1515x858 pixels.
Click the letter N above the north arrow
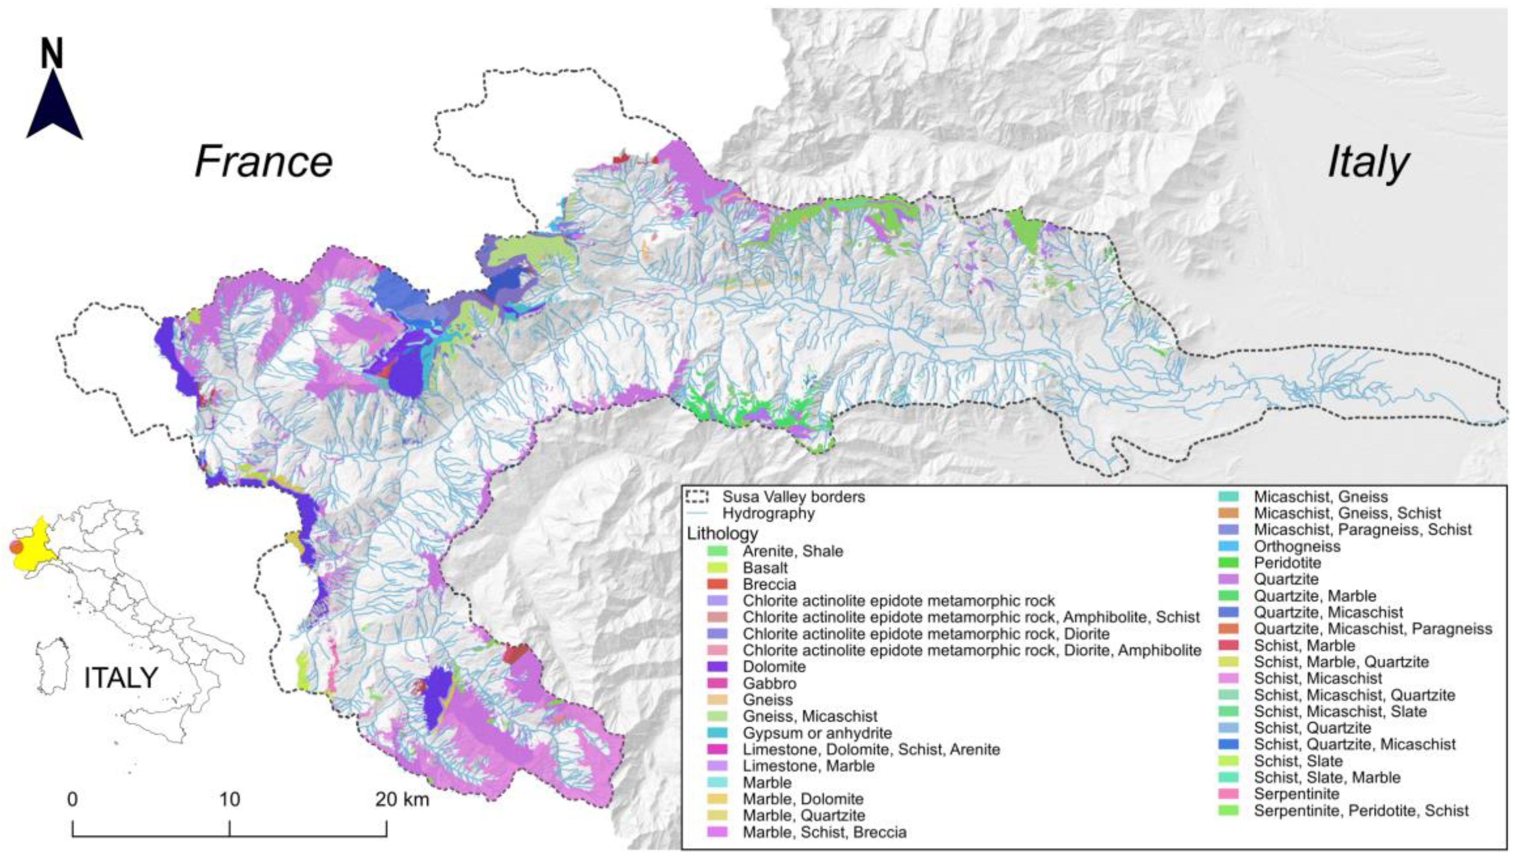coord(52,53)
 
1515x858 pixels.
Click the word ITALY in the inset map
coord(121,678)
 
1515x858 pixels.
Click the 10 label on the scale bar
coord(230,800)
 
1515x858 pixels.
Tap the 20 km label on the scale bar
coord(402,800)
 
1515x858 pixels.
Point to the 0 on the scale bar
coord(72,800)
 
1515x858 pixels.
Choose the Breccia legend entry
coord(769,584)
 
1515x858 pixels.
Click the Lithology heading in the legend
coord(722,534)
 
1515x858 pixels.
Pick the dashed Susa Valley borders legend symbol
coord(697,496)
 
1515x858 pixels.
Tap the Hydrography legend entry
coord(768,513)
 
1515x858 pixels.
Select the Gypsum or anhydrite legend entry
coord(817,733)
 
